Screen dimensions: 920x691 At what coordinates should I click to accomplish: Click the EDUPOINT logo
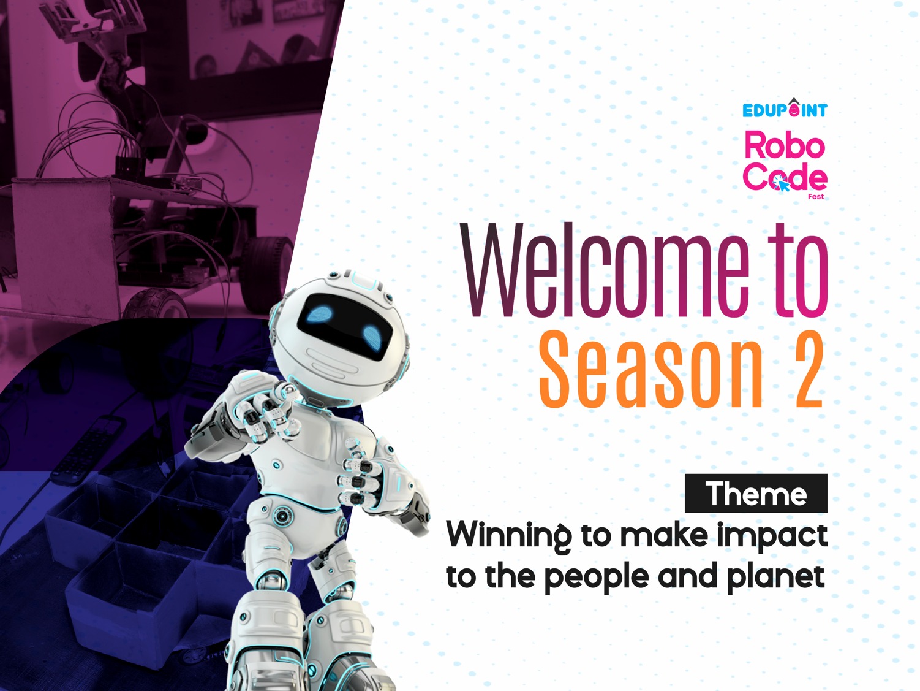[x=785, y=109]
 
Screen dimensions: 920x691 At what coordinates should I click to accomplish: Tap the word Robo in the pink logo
[x=785, y=145]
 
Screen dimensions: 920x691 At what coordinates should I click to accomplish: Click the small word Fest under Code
[x=816, y=196]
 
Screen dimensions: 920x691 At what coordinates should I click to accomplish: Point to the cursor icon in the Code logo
[x=782, y=183]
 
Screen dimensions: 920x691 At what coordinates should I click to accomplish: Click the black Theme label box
[x=756, y=494]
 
